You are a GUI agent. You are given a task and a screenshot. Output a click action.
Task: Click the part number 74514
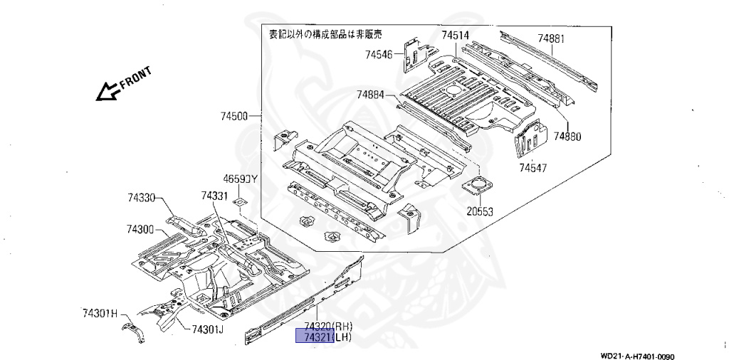point(455,36)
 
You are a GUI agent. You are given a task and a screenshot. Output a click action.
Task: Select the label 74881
point(550,38)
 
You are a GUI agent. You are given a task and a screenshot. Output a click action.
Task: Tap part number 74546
point(379,53)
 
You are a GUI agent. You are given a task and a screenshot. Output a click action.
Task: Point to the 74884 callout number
point(370,94)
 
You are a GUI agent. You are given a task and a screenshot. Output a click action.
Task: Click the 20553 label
point(480,211)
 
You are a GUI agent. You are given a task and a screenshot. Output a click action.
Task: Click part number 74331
point(214,196)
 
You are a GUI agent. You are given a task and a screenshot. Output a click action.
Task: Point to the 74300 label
point(140,229)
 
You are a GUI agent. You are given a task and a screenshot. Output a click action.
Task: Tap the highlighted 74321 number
point(314,337)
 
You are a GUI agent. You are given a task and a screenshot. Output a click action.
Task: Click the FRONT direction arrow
point(109,90)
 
